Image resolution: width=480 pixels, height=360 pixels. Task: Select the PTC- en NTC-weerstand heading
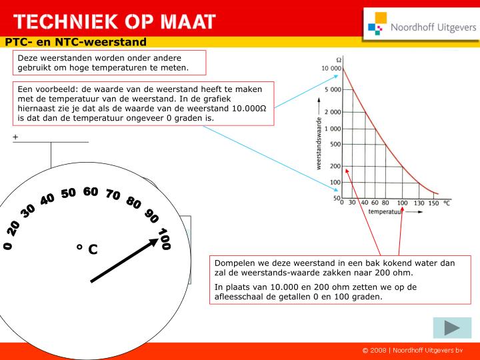[75, 42]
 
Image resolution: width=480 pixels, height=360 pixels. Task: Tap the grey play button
[452, 327]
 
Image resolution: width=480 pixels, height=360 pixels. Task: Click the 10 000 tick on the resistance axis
[331, 69]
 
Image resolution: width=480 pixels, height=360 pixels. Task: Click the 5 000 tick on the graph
[332, 89]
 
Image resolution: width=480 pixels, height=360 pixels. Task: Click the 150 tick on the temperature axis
[434, 203]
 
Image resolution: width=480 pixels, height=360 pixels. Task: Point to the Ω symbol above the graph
[339, 59]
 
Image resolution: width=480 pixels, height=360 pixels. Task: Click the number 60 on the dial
[91, 192]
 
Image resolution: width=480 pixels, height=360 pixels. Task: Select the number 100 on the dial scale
[164, 239]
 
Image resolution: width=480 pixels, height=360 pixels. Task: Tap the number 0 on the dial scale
[8, 246]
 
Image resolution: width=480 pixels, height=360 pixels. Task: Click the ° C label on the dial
[87, 249]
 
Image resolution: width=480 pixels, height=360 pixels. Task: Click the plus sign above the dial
[15, 137]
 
